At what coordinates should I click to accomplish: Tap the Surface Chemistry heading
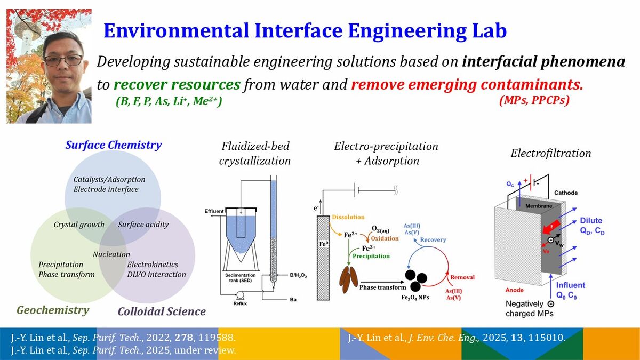[114, 145]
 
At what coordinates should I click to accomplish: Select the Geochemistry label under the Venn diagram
[53, 310]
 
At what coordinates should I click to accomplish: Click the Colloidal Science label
[162, 311]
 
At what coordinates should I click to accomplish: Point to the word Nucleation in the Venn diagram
[111, 254]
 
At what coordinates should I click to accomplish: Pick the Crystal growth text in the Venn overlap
[79, 225]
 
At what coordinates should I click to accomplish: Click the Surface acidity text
[143, 225]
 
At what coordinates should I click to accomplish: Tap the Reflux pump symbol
[239, 295]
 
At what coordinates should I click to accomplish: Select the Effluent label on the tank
[214, 211]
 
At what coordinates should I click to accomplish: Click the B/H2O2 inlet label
[298, 275]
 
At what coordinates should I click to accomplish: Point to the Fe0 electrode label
[323, 244]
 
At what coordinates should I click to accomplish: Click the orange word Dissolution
[348, 217]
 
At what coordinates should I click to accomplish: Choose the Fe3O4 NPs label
[415, 298]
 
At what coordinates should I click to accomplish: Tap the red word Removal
[462, 277]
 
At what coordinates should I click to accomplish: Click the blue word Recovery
[433, 239]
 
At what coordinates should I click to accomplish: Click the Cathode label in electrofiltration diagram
[566, 193]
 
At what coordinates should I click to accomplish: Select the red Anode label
[514, 290]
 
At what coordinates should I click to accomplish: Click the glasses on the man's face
[63, 60]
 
